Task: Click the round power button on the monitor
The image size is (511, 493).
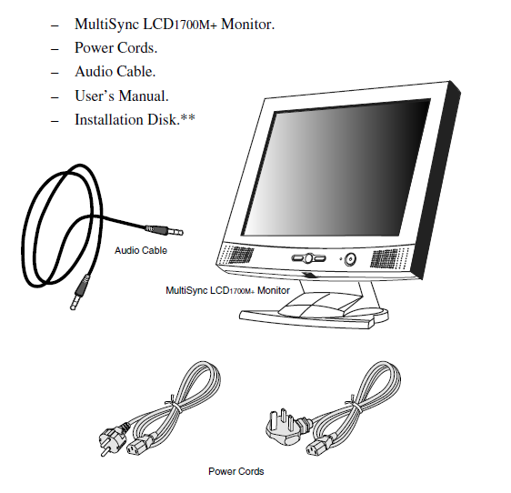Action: click(x=350, y=259)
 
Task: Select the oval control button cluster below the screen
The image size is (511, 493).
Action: click(x=308, y=258)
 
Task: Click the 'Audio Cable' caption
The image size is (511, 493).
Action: click(x=141, y=250)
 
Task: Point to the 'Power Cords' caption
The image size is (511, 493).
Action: click(x=235, y=471)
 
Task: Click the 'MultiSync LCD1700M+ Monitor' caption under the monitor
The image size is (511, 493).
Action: click(x=227, y=290)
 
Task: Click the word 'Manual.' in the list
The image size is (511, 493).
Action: click(x=144, y=96)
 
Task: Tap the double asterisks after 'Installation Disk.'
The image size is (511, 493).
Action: click(x=188, y=116)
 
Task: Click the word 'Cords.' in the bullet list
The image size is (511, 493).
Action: click(x=137, y=48)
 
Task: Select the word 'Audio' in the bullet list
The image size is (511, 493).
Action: click(x=94, y=72)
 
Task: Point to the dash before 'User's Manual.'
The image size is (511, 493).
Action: click(x=55, y=97)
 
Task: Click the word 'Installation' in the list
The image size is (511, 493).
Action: click(x=109, y=120)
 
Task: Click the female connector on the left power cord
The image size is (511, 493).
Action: click(x=137, y=447)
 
